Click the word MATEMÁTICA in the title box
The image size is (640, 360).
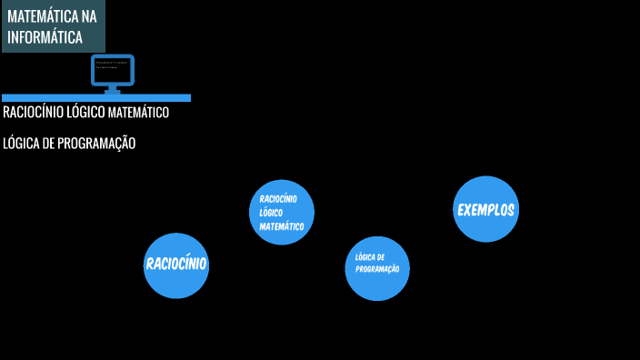(x=43, y=16)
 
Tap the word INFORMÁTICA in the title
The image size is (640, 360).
(x=45, y=37)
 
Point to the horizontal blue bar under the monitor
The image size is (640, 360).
(x=95, y=97)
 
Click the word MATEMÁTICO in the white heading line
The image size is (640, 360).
(x=138, y=114)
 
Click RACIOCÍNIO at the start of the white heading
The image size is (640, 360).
(x=33, y=114)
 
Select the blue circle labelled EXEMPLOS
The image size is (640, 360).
(x=485, y=209)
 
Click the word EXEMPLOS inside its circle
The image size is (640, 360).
(x=485, y=210)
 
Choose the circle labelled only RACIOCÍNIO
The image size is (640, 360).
(x=176, y=265)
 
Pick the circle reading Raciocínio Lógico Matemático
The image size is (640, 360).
(x=282, y=212)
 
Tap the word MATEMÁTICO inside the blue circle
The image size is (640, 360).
(x=281, y=226)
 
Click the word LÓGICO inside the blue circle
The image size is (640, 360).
(x=271, y=212)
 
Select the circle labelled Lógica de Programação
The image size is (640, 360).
(x=377, y=267)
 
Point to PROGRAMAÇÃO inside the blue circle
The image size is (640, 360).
(x=378, y=270)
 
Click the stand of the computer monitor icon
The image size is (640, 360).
(x=113, y=89)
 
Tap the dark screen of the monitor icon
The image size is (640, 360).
(x=113, y=68)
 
